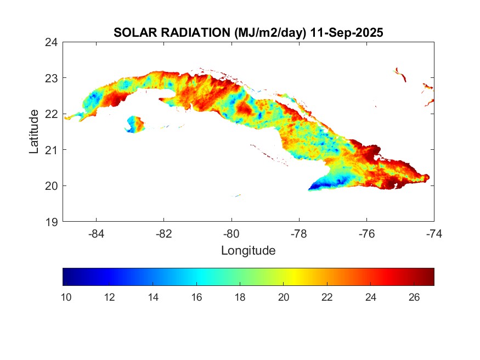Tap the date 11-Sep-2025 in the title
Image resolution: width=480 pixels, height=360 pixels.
(347, 32)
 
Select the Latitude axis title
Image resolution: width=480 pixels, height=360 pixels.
(34, 131)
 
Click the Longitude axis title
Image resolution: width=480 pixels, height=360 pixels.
(248, 251)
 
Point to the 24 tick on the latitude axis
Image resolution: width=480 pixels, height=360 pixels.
(53, 42)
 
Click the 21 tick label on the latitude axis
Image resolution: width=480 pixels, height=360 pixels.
(53, 149)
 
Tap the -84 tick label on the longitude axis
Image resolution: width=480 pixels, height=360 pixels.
(97, 233)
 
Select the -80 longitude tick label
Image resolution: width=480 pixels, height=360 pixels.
(231, 233)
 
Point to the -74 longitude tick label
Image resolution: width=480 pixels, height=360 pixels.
(434, 233)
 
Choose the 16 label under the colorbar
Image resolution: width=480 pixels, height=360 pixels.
(196, 297)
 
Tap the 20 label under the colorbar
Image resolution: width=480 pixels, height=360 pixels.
(283, 297)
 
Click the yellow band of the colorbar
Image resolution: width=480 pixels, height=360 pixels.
(291, 277)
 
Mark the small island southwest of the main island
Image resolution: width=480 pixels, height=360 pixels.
(134, 123)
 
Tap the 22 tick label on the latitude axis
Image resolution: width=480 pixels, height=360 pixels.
(53, 114)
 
